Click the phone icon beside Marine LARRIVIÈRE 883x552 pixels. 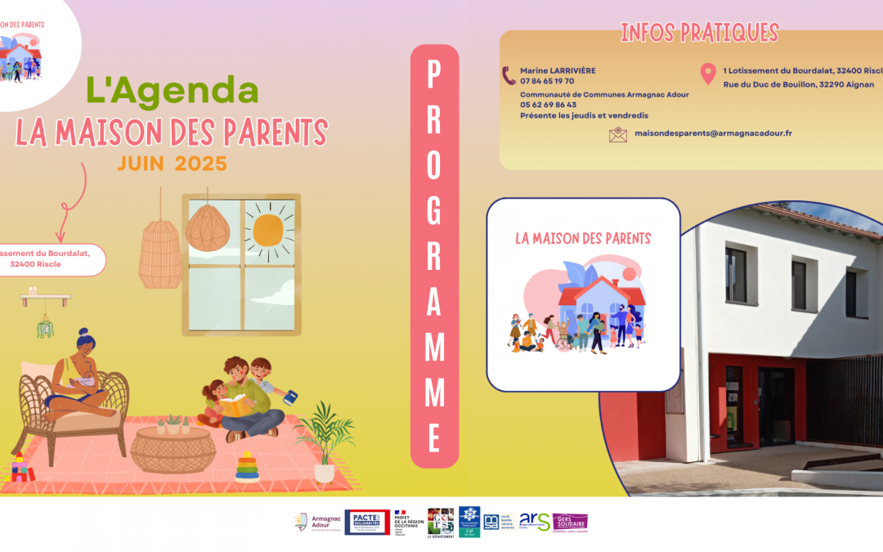click(x=509, y=75)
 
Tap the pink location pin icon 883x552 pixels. click(x=708, y=74)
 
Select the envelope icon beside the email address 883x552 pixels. click(x=618, y=134)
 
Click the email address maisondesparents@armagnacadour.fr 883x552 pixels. click(x=713, y=133)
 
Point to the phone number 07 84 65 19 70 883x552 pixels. click(x=547, y=81)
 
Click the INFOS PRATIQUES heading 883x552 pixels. click(x=699, y=33)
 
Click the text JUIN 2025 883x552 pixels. click(x=172, y=164)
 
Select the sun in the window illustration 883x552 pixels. click(x=268, y=230)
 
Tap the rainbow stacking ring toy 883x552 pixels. click(x=248, y=467)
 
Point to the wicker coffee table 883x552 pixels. click(x=173, y=450)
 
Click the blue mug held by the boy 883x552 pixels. click(x=290, y=397)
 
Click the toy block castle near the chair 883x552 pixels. click(x=19, y=467)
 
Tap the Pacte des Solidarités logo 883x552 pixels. click(x=367, y=522)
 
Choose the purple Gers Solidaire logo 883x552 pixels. click(x=570, y=522)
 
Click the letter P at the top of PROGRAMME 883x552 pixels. click(x=434, y=76)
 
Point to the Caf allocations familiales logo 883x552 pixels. click(x=469, y=521)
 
